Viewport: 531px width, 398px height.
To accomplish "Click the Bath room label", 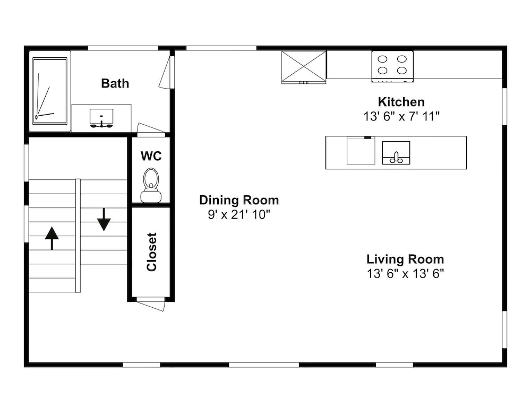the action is pos(115,83).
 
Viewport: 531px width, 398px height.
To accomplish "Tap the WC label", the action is pos(151,156).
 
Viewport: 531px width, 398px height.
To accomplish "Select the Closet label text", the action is pos(152,252).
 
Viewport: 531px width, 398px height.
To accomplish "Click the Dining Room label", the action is pos(239,200).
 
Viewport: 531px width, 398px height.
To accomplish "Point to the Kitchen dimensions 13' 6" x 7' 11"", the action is pos(401,116).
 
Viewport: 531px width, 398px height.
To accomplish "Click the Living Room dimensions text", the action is pos(405,273).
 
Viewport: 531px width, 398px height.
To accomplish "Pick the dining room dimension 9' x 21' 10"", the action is pos(239,214).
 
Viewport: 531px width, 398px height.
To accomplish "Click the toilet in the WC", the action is pos(151,185).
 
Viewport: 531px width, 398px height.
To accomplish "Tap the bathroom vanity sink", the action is pos(101,118).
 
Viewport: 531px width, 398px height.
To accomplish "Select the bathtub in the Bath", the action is pos(50,91).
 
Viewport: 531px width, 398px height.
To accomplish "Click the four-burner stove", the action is pos(392,66).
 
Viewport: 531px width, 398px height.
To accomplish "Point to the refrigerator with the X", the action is pos(304,67).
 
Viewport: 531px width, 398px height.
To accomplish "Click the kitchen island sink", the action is pos(396,153).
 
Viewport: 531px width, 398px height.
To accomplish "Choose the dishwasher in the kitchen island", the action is pos(361,151).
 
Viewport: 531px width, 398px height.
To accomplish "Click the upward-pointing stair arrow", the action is pos(52,238).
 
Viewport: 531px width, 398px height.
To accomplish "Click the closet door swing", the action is pos(151,304).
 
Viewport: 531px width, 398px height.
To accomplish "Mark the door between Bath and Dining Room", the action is pos(167,72).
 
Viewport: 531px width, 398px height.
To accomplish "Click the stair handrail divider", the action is pos(78,236).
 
